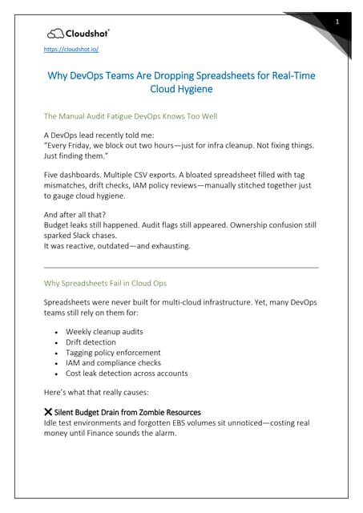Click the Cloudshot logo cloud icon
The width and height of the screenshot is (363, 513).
point(55,33)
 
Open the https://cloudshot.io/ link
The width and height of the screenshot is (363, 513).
point(71,49)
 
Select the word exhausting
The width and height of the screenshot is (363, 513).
point(166,245)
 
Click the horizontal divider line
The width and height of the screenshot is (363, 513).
point(180,267)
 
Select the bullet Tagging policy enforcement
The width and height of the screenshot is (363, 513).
point(113,352)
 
